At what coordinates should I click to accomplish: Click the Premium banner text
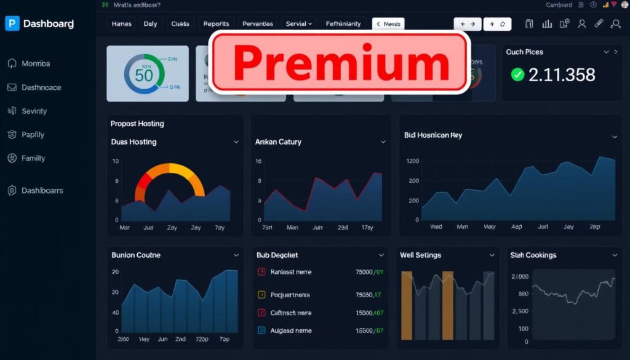(x=340, y=63)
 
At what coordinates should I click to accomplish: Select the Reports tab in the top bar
(x=216, y=24)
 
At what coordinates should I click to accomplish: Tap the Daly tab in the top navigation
(x=150, y=24)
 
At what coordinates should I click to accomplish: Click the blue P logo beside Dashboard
(x=12, y=23)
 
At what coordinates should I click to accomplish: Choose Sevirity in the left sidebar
(x=34, y=111)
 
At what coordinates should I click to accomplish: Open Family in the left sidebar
(x=33, y=158)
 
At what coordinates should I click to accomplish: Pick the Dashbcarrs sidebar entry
(x=42, y=191)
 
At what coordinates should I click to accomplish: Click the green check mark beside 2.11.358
(x=517, y=74)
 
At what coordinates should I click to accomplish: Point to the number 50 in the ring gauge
(x=143, y=75)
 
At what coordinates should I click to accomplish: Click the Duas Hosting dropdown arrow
(x=236, y=142)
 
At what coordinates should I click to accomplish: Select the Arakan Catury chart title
(x=278, y=142)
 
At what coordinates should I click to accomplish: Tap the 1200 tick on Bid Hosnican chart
(x=412, y=161)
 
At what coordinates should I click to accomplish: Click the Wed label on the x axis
(x=436, y=226)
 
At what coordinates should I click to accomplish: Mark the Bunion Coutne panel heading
(x=136, y=255)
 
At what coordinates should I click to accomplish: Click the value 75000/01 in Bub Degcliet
(x=369, y=272)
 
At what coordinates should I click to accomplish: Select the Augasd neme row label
(x=291, y=330)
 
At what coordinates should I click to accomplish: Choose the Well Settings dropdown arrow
(x=492, y=255)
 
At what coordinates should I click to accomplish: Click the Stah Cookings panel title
(x=533, y=255)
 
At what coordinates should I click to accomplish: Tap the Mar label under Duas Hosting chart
(x=124, y=228)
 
